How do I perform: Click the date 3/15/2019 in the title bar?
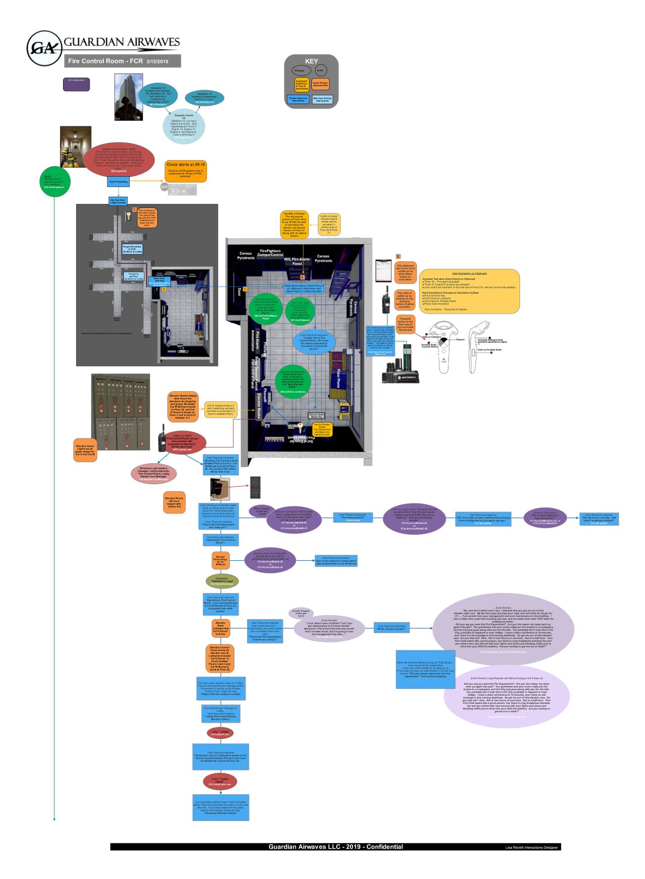(x=157, y=61)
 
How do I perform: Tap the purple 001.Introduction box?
(x=76, y=84)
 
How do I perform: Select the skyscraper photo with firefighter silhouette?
(x=128, y=97)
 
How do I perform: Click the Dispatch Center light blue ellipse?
(x=184, y=126)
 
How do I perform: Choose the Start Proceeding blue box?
(x=118, y=182)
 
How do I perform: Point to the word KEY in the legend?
(x=311, y=61)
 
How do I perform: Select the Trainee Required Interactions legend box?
(x=298, y=99)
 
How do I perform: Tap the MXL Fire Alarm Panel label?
(x=297, y=261)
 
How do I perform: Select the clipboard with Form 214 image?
(x=383, y=271)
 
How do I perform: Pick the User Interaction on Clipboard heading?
(x=469, y=273)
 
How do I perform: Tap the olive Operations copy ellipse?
(x=222, y=581)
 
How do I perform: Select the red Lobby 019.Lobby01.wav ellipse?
(x=220, y=733)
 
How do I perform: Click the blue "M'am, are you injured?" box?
(x=392, y=627)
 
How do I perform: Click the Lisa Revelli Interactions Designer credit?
(x=531, y=847)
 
